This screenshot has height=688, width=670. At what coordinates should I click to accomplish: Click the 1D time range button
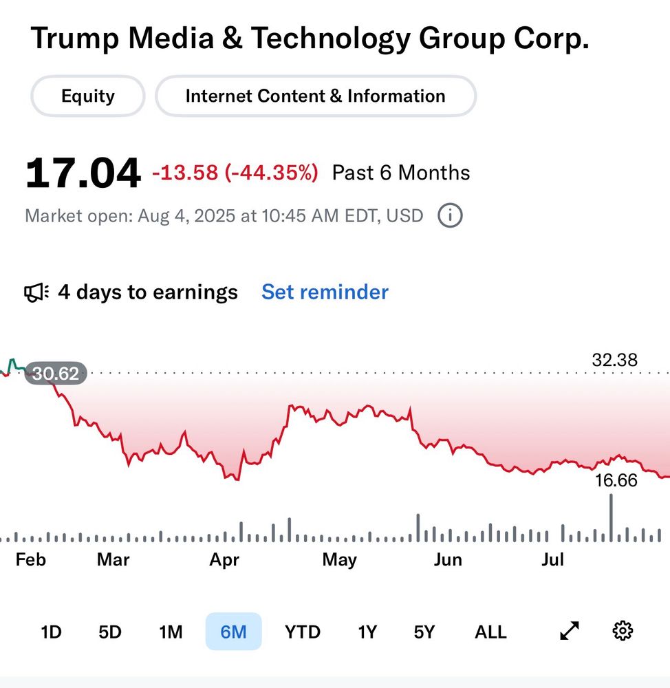(x=51, y=632)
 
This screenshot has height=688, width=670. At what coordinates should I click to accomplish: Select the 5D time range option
(x=110, y=632)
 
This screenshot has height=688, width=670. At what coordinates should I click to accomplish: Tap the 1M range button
(x=170, y=632)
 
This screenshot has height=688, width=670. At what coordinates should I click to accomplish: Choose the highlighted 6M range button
(x=233, y=632)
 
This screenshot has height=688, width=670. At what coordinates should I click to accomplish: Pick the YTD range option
(x=303, y=632)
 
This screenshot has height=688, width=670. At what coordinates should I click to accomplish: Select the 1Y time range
(x=367, y=632)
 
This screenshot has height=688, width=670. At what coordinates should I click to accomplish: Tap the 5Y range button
(x=424, y=632)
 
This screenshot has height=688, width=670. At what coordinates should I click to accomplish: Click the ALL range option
(x=490, y=632)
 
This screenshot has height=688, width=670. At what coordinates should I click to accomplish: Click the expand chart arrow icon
(x=570, y=631)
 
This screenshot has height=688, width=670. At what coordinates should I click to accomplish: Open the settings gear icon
(x=623, y=631)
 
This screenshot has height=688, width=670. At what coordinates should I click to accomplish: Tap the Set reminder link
(x=325, y=292)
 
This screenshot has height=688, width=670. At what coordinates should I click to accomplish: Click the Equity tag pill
(x=88, y=96)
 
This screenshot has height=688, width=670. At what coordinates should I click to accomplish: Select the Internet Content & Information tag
(x=315, y=96)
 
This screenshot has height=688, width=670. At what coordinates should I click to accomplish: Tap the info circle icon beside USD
(x=450, y=216)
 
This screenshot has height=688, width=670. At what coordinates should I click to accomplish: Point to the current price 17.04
(x=83, y=173)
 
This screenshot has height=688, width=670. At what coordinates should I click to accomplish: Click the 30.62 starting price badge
(x=56, y=374)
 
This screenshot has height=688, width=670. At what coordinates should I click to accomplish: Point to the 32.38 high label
(x=614, y=360)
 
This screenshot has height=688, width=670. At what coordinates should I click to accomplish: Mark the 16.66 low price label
(x=616, y=480)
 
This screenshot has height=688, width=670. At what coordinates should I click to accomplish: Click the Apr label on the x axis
(x=224, y=560)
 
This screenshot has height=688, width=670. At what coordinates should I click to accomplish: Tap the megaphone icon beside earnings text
(x=36, y=293)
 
